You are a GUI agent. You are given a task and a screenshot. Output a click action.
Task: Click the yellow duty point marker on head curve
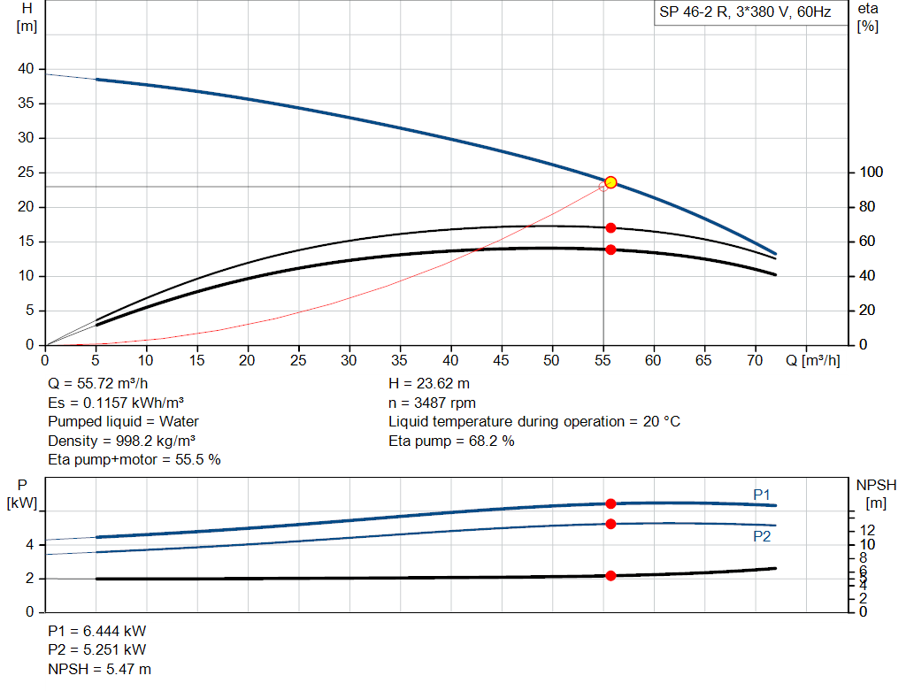coord(610,182)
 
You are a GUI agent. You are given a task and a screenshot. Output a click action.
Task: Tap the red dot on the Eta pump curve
coord(610,228)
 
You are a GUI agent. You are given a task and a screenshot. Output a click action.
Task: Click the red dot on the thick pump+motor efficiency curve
coord(610,250)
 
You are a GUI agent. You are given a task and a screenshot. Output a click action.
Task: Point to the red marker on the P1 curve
coord(610,503)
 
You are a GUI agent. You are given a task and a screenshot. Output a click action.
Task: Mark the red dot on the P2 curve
coord(610,524)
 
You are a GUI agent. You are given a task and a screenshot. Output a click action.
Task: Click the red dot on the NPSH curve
coord(610,576)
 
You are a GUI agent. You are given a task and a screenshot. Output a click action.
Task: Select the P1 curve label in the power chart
coord(763,494)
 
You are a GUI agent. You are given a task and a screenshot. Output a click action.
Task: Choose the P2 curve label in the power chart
coord(763,536)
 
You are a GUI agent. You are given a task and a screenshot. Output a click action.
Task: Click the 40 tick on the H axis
coord(26,69)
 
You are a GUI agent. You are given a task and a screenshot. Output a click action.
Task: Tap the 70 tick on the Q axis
coord(755,361)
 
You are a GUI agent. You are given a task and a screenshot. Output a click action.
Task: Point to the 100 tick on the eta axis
coord(870,173)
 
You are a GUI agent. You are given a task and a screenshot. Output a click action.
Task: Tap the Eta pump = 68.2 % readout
coord(451,441)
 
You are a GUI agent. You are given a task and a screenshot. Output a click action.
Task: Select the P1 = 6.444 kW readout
coord(97,632)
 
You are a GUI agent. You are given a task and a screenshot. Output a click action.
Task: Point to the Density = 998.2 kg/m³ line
coord(122,441)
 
